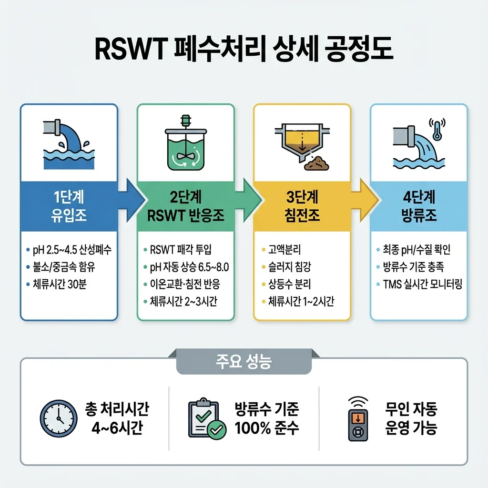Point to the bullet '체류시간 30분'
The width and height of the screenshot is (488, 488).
[x=60, y=285]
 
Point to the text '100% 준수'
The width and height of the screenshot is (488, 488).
[x=266, y=427]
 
